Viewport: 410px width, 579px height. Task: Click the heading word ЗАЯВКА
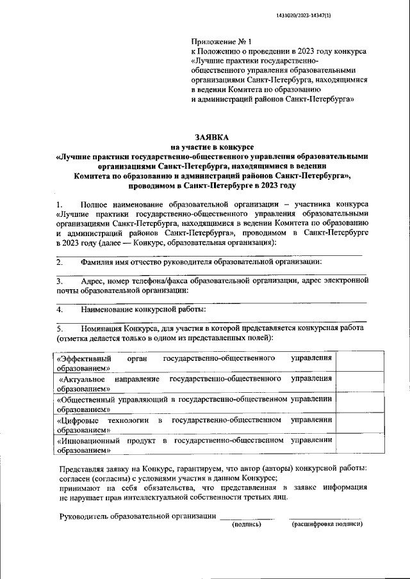[x=212, y=137]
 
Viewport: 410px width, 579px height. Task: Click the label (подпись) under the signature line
[x=247, y=524]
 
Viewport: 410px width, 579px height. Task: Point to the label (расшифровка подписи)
[x=327, y=524]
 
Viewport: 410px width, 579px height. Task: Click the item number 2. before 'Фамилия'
[x=59, y=262]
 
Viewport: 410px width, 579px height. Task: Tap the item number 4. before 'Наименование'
[x=59, y=309]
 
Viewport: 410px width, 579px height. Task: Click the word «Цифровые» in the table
[x=78, y=420]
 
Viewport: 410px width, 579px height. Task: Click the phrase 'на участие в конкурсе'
[x=212, y=147]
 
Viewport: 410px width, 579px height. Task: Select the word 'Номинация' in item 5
[x=102, y=328]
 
